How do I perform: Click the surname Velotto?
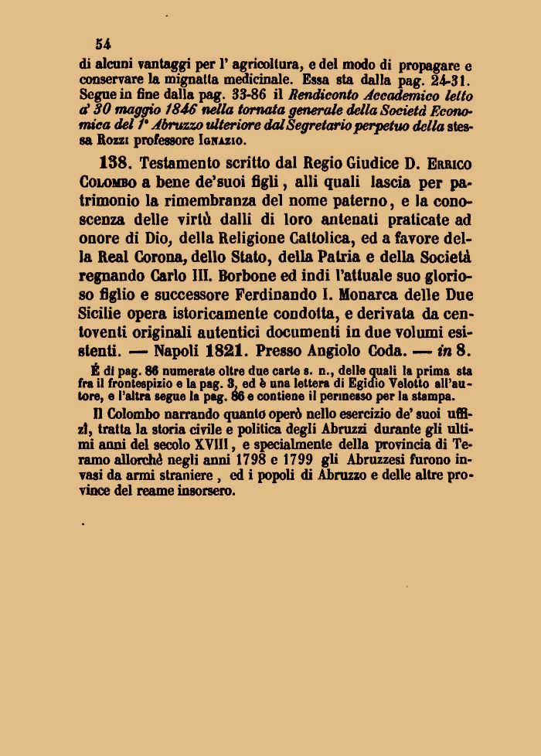click(393, 384)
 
